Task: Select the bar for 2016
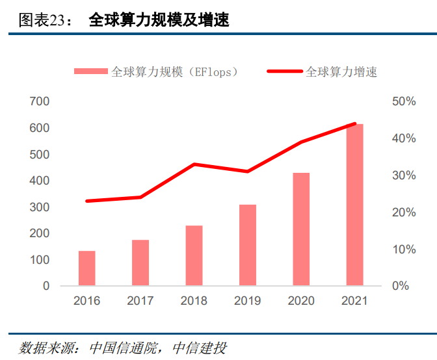pyautogui.click(x=87, y=268)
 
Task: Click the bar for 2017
pyautogui.click(x=140, y=263)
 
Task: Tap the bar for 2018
pyautogui.click(x=194, y=255)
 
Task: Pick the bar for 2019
pyautogui.click(x=248, y=245)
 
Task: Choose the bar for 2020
pyautogui.click(x=301, y=229)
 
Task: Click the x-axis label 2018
pyautogui.click(x=194, y=301)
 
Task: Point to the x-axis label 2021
pyautogui.click(x=354, y=301)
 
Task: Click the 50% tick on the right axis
pyautogui.click(x=403, y=101)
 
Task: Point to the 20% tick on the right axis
pyautogui.click(x=403, y=212)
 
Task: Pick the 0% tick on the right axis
pyautogui.click(x=400, y=286)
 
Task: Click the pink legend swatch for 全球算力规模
pyautogui.click(x=90, y=71)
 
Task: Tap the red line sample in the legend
pyautogui.click(x=284, y=71)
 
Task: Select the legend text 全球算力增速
pyautogui.click(x=341, y=71)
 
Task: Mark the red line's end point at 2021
pyautogui.click(x=354, y=123)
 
